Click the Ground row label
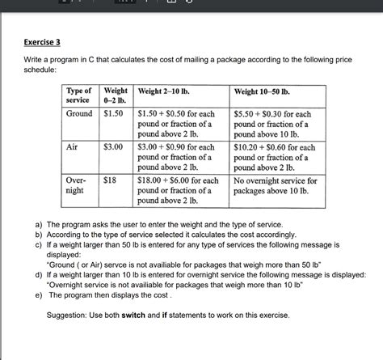pyautogui.click(x=79, y=115)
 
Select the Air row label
pyautogui.click(x=72, y=147)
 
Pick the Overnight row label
pyautogui.click(x=77, y=185)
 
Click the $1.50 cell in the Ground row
pyautogui.click(x=112, y=115)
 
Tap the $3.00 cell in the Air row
pyautogui.click(x=112, y=147)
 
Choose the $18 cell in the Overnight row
pyautogui.click(x=110, y=180)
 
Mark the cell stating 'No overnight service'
pyautogui.click(x=275, y=186)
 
